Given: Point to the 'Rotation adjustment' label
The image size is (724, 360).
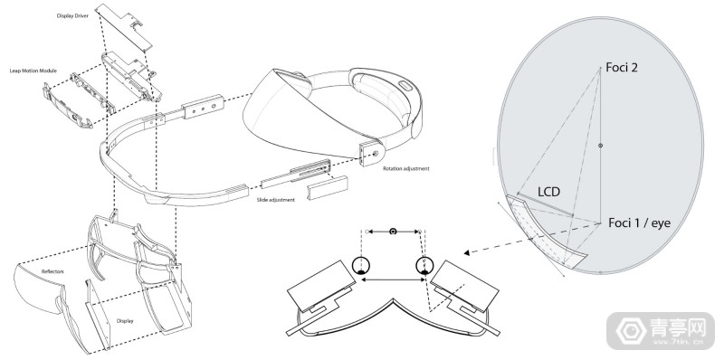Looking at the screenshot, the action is pyautogui.click(x=405, y=168).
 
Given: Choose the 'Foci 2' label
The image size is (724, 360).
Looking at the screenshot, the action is pyautogui.click(x=624, y=68).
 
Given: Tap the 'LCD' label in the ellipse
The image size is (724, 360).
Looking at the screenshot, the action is pyautogui.click(x=553, y=193).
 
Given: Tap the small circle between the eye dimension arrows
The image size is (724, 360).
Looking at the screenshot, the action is pyautogui.click(x=392, y=232).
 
